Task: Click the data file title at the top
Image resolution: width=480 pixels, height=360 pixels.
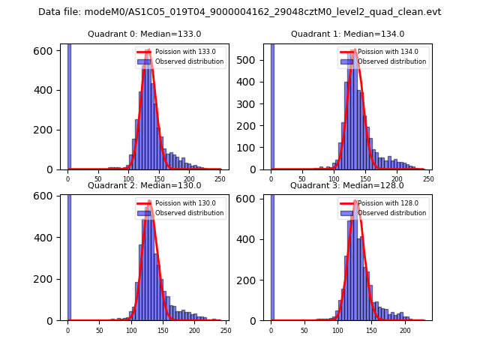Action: point(240,12)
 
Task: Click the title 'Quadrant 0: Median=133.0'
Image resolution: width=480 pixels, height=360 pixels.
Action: point(144,34)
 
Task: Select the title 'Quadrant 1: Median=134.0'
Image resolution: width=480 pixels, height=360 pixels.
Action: point(347,34)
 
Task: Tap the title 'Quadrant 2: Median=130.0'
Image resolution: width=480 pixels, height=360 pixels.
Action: point(144,185)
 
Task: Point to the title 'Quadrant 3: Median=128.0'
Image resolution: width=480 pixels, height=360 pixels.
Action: point(347,185)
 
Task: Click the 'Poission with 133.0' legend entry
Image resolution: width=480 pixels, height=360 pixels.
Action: point(179,52)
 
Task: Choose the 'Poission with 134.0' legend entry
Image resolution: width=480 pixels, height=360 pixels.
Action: point(382,52)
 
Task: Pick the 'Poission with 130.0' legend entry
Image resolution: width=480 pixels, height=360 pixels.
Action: point(179,202)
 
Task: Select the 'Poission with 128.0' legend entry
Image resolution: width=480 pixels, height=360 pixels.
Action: point(382,202)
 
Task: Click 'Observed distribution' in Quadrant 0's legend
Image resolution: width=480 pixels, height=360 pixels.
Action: point(189,61)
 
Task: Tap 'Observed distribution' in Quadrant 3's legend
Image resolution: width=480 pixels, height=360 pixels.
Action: point(391,212)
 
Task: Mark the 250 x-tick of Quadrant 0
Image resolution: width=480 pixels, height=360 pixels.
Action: point(190,178)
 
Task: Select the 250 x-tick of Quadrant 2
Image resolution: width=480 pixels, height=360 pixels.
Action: point(225,330)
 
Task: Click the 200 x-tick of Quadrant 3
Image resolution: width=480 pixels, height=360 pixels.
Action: point(405,330)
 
